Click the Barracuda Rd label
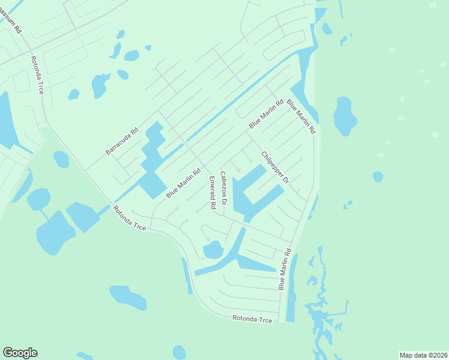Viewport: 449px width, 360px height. pos(122,141)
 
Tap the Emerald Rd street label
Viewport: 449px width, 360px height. pos(212,193)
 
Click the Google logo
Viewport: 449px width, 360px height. pos(20,353)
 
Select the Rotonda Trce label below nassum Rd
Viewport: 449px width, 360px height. pos(38,75)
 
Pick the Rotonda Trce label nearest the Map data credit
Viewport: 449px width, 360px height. pos(252,319)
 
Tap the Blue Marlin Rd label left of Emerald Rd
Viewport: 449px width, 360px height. pos(183,184)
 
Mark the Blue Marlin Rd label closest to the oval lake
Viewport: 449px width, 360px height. pos(301,117)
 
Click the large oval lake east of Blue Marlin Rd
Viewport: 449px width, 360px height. pos(345,116)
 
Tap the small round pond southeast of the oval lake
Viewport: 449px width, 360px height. pos(378,176)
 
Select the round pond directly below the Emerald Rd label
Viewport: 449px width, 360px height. pos(213,250)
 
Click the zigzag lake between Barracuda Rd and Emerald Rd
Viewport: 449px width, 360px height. pos(153,159)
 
